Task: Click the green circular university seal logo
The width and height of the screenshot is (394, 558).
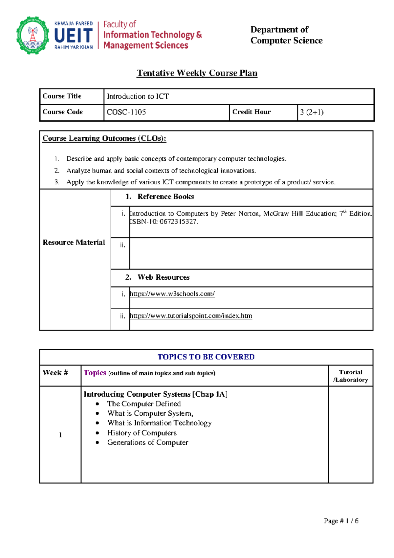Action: tap(33, 35)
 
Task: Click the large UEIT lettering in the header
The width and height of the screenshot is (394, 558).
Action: tap(74, 35)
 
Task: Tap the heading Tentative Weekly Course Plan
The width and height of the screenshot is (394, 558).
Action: tap(197, 73)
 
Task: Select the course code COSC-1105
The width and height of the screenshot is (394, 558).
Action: tap(126, 112)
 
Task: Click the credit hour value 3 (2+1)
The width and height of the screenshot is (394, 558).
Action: tap(312, 112)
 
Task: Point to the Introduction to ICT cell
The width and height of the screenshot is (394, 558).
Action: tap(138, 96)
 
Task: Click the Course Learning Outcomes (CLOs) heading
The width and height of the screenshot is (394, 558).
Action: tap(104, 138)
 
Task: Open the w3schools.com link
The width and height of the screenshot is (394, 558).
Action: tap(172, 294)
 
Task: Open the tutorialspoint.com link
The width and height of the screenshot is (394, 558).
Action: tap(191, 316)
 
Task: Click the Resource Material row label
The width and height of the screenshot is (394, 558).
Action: tap(74, 243)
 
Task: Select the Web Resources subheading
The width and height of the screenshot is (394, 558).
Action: tap(163, 277)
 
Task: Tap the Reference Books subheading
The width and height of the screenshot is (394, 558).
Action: tap(165, 197)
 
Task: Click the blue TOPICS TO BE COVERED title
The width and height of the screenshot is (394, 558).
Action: tap(206, 357)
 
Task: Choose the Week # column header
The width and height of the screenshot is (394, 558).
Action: tap(55, 373)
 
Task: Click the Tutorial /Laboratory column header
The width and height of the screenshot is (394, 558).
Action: tap(351, 376)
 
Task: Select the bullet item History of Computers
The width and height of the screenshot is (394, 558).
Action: tap(142, 433)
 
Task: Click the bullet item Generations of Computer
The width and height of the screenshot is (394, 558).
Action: tap(148, 443)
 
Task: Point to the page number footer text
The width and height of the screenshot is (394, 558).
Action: tap(341, 521)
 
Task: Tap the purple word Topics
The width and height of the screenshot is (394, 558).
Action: tap(95, 373)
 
